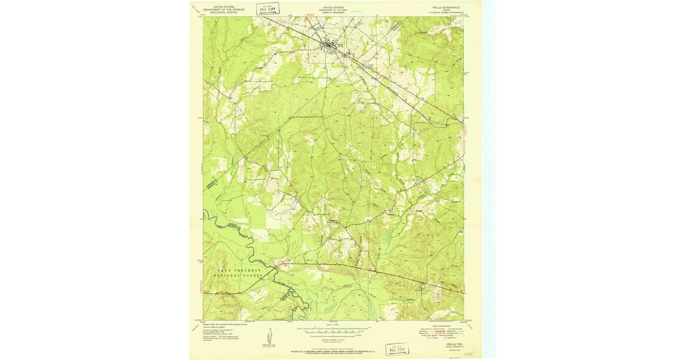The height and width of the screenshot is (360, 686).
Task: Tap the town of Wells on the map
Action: [x=331, y=45]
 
